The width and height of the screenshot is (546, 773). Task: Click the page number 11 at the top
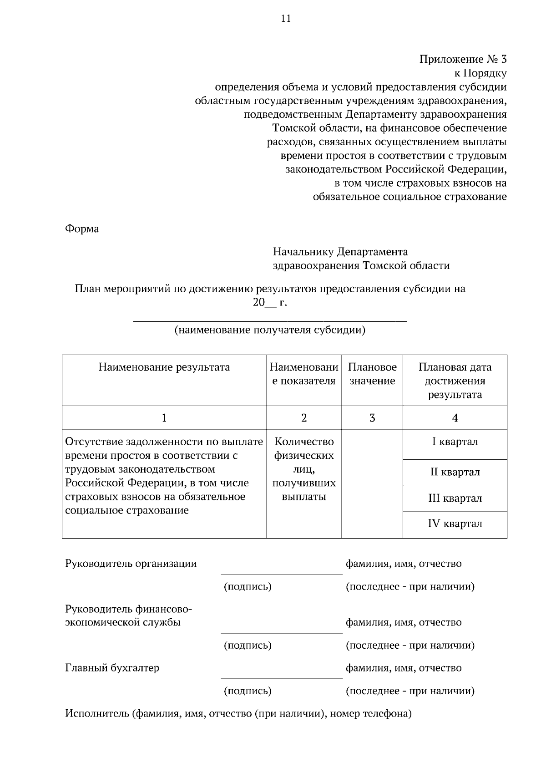tap(286, 19)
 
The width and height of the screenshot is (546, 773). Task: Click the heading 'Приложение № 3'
tap(463, 59)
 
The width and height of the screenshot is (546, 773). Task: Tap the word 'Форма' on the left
tap(82, 229)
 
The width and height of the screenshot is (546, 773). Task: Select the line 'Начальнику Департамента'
tap(340, 252)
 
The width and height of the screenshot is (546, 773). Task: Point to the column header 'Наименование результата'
tap(164, 367)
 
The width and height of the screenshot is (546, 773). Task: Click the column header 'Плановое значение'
tap(372, 374)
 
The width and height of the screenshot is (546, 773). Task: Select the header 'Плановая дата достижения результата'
tap(455, 381)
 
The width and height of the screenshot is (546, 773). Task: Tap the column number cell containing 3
tap(372, 418)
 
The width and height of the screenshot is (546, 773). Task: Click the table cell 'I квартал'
tap(455, 442)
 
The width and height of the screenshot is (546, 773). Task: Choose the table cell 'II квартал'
tap(455, 472)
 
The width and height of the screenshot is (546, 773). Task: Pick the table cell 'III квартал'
tap(455, 498)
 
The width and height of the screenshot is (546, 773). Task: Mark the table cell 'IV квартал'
tap(455, 524)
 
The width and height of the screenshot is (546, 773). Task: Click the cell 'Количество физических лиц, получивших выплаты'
tap(304, 469)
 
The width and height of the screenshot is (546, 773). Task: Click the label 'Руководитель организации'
tap(131, 564)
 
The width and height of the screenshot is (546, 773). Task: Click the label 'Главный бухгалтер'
tap(112, 668)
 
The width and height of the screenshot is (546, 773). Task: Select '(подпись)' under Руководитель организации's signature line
tap(248, 587)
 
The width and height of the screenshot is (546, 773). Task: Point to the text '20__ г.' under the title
tap(270, 302)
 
